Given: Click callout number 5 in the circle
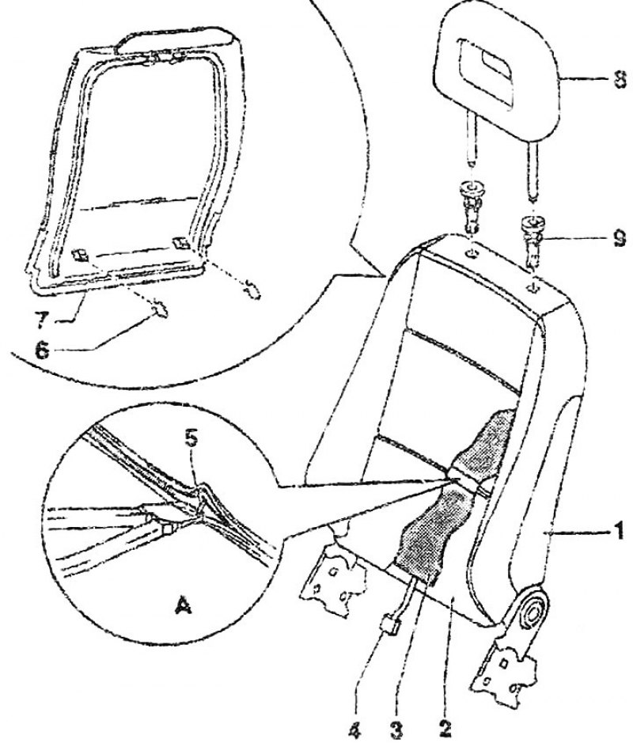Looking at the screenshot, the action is [x=192, y=439].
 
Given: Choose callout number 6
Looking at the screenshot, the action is [x=42, y=351].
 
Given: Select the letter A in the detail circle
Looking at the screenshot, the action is [x=183, y=605].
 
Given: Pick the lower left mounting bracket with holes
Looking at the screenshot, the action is [x=334, y=577].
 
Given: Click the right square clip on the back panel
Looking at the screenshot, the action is [x=181, y=243].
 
